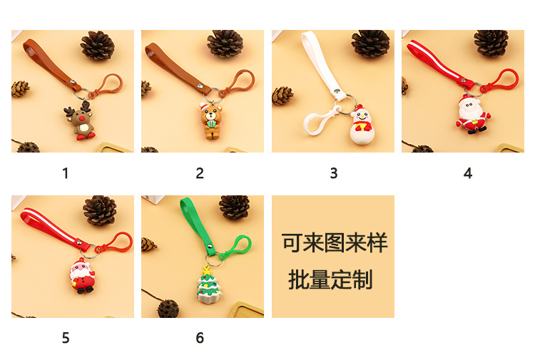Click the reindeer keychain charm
point(81,119)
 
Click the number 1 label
point(66,173)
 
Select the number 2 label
point(200,173)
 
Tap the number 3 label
point(334,173)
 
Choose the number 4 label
point(468,173)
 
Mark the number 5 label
point(66,338)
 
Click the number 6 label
point(200,338)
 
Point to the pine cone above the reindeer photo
point(97,45)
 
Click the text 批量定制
point(331,280)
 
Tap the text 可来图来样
point(334,243)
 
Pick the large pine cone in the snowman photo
point(371,43)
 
